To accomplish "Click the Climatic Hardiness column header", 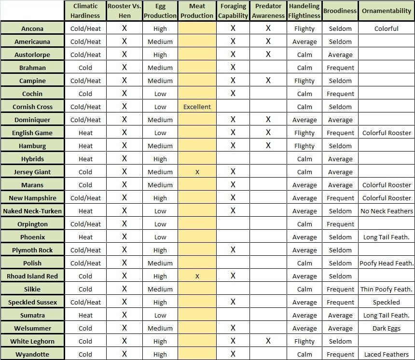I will click(85, 11).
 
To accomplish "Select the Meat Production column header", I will click(197, 11).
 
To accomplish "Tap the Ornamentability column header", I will click(387, 11).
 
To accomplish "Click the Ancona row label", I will click(32, 28).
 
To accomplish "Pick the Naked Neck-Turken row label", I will click(32, 211).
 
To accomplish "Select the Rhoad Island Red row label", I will click(32, 276).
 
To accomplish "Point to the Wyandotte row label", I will click(32, 354).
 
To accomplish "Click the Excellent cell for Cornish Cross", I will click(197, 107).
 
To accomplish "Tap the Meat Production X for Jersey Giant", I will click(197, 172).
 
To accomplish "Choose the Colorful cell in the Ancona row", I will click(387, 28).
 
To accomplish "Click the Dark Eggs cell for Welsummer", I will click(387, 328).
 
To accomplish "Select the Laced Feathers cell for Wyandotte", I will click(387, 354).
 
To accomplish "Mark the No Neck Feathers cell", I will click(387, 211).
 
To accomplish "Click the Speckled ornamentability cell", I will click(387, 302).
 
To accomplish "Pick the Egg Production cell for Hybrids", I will click(160, 159).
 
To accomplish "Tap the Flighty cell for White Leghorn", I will click(304, 341).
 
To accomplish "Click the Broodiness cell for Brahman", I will click(340, 68).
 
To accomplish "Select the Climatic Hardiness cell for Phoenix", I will click(85, 237).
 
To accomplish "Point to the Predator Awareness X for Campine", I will click(268, 81).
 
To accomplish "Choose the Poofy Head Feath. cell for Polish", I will click(387, 263).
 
